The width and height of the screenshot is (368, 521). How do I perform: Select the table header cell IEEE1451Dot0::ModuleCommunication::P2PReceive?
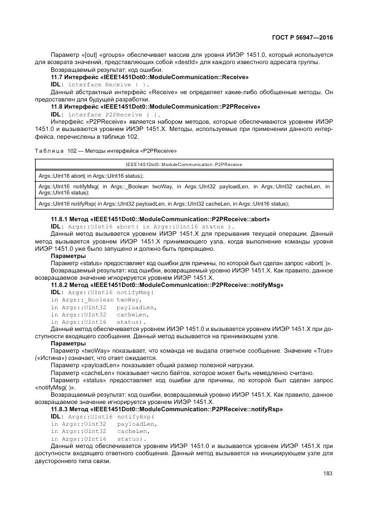coord(183,164)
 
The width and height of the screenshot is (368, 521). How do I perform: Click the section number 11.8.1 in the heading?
coord(60,220)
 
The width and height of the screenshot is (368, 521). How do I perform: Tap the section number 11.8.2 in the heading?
coord(60,285)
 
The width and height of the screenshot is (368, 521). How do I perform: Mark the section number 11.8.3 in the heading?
coord(60,408)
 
